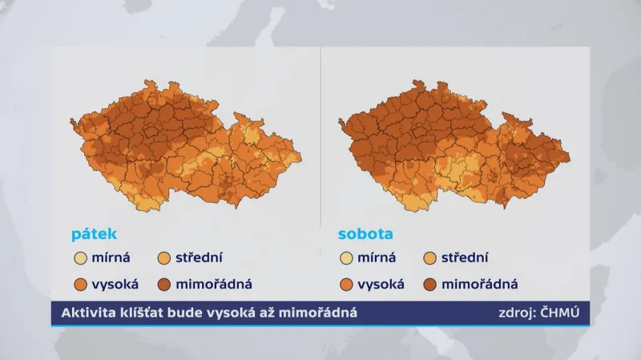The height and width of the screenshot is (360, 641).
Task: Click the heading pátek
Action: [x=94, y=234]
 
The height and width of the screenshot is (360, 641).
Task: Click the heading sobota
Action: [x=365, y=234]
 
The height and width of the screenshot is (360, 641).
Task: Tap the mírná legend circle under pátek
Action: [x=80, y=258]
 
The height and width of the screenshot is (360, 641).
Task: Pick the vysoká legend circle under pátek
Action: [x=80, y=284]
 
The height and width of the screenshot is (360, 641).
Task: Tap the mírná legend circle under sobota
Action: [x=346, y=258]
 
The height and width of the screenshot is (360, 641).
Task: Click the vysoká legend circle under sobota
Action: [x=346, y=284]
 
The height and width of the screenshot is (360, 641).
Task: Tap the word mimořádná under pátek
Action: [x=214, y=284]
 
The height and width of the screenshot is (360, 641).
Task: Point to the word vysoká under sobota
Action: [x=381, y=284]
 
